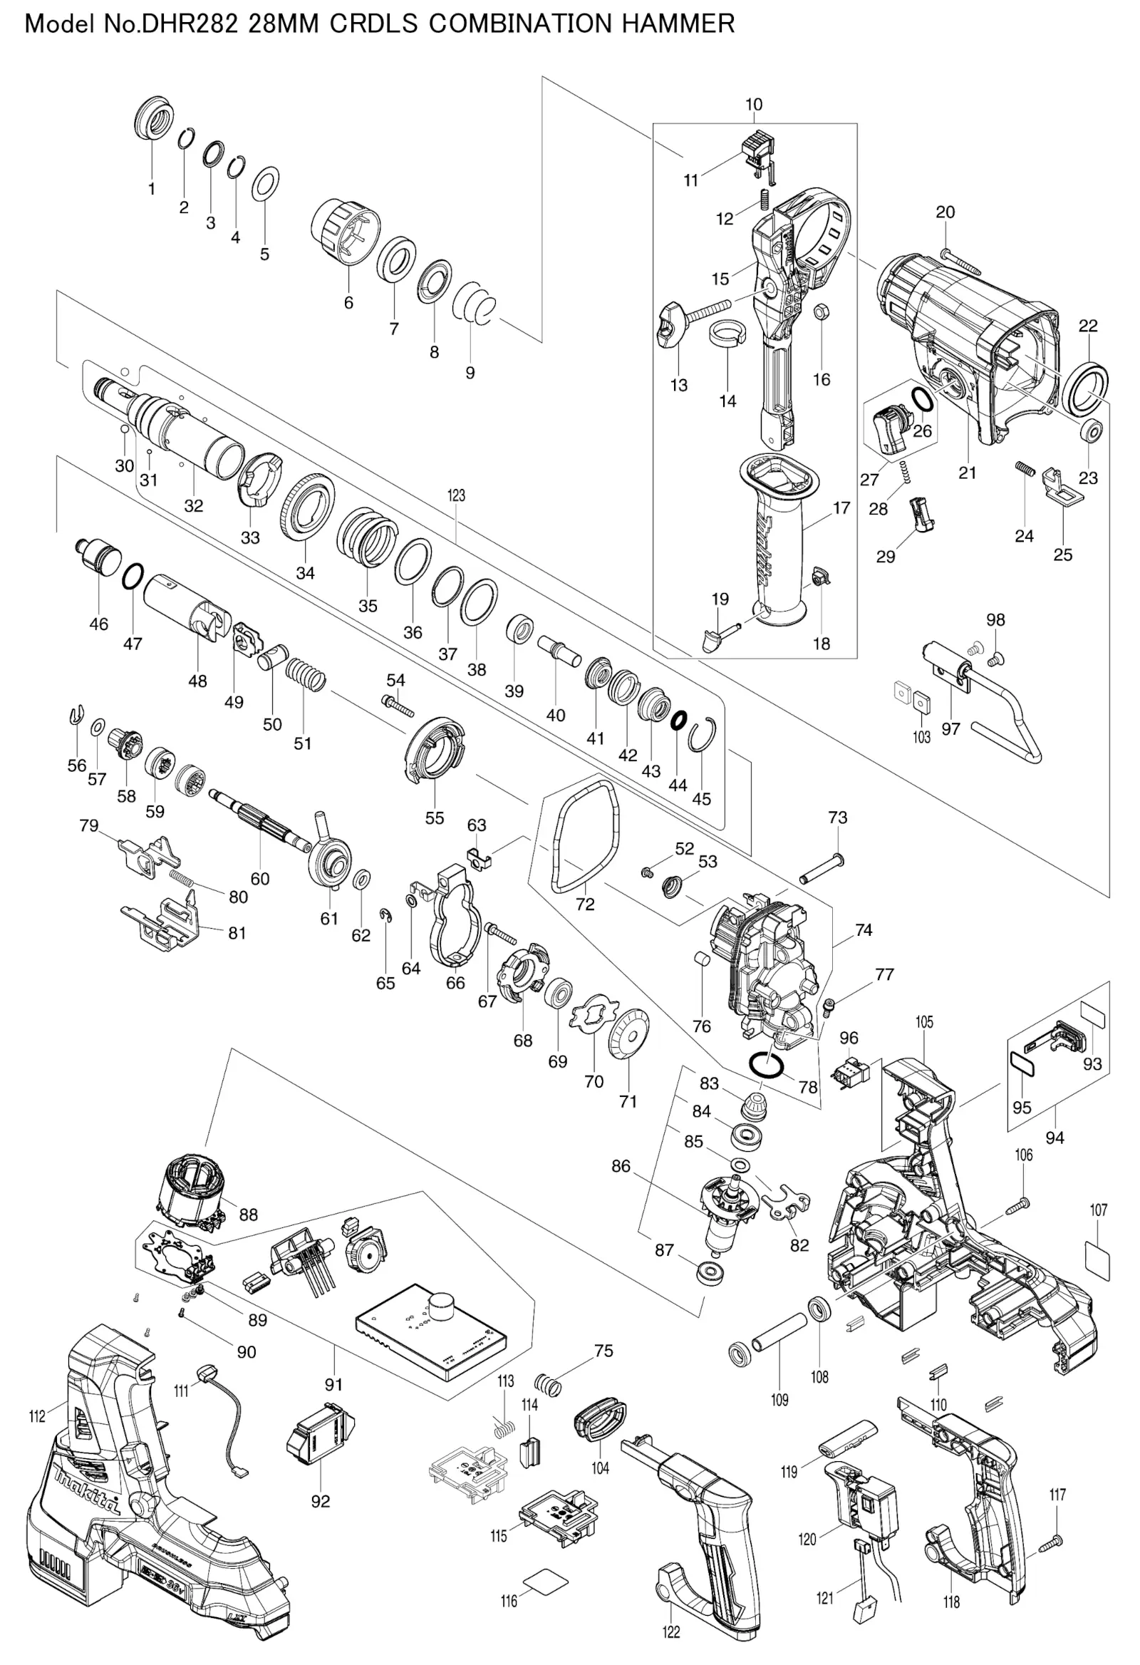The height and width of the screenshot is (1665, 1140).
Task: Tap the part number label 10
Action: (753, 105)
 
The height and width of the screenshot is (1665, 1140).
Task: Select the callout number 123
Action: (456, 495)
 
